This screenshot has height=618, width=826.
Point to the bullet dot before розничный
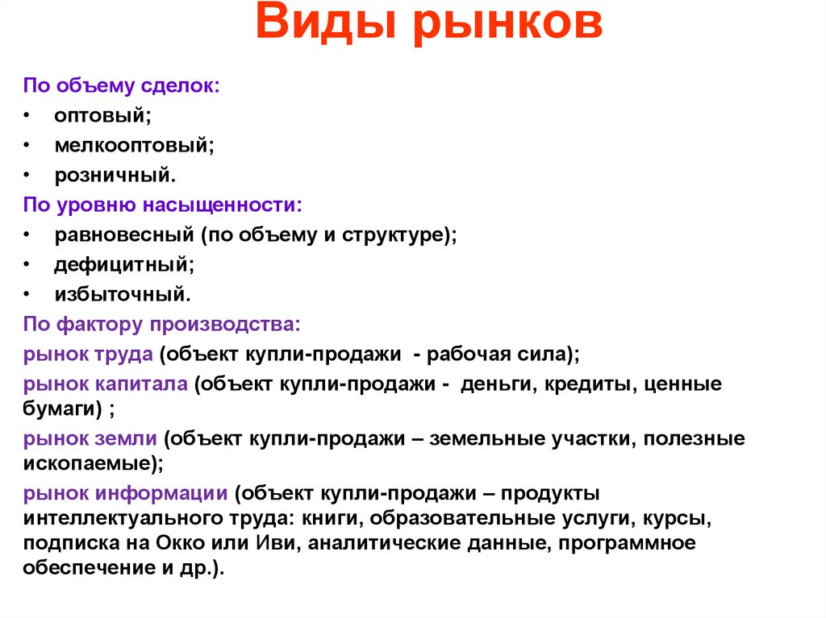point(27,175)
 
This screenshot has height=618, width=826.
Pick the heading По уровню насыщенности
point(162,205)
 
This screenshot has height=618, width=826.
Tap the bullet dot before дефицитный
point(27,264)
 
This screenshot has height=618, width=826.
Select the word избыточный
point(123,294)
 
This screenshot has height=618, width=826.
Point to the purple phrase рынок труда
point(89,354)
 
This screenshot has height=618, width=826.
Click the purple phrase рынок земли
point(91,439)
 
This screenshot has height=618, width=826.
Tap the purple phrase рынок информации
point(124,493)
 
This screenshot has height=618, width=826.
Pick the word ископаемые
point(90,464)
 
